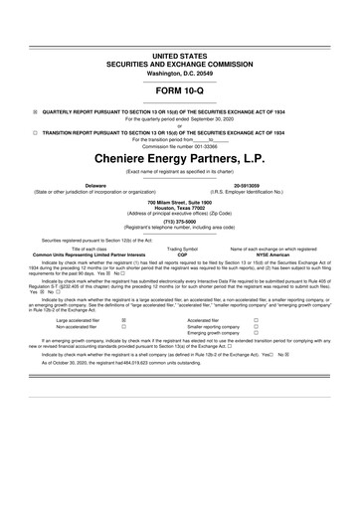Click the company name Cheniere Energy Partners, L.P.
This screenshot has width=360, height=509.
pos(180,157)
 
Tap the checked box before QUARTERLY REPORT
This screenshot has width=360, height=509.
pos(35,111)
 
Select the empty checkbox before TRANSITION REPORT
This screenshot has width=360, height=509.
pos(35,131)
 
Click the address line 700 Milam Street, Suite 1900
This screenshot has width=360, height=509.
pos(180,201)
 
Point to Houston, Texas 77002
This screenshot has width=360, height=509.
pos(180,207)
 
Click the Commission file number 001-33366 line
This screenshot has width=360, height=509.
pos(180,145)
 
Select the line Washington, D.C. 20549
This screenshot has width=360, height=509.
pos(180,63)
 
